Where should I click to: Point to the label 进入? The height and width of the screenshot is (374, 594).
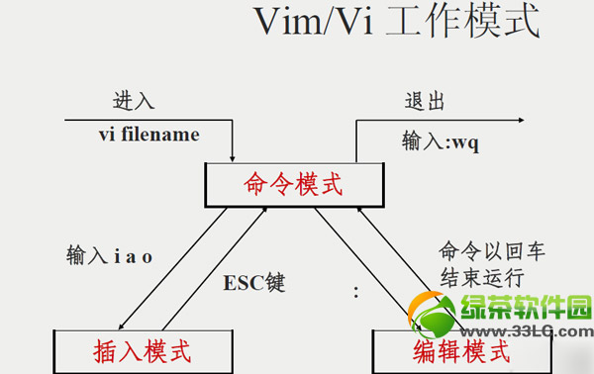(134, 100)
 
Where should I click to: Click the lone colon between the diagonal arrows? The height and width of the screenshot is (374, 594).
(355, 294)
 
